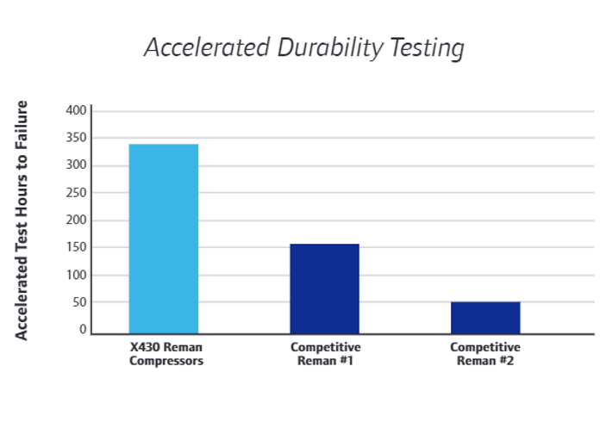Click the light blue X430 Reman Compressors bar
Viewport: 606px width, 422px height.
[164, 239]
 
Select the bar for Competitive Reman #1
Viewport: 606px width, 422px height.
[324, 289]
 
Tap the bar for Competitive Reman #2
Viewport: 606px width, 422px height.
[485, 317]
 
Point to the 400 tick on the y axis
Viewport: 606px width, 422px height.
[77, 110]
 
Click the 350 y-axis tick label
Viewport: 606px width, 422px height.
[77, 138]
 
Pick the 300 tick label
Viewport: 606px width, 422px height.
[77, 165]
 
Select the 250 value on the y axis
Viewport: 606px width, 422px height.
[77, 193]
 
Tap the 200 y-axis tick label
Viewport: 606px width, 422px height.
[77, 220]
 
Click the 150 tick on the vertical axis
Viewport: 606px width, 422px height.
[77, 248]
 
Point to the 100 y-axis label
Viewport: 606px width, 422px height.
[77, 276]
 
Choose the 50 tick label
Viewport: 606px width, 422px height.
[80, 303]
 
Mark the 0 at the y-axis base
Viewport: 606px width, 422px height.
[83, 330]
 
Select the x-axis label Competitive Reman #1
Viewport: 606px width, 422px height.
[325, 354]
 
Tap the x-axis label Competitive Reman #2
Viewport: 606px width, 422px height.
[485, 354]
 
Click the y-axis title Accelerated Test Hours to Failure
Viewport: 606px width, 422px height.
[22, 220]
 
